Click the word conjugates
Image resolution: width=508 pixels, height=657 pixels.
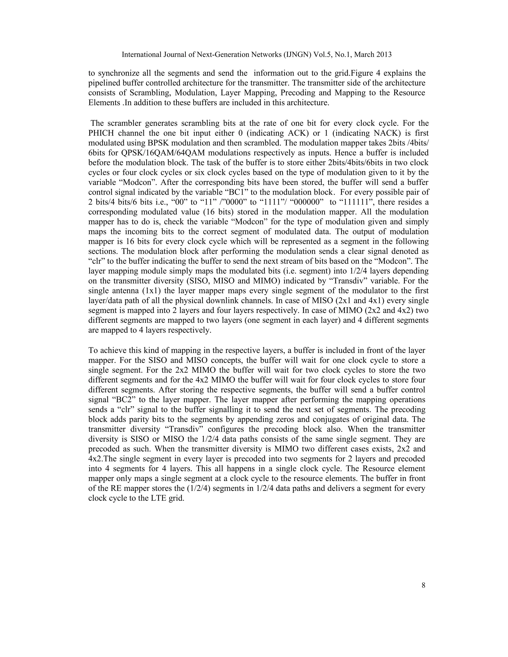[x=305, y=419]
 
